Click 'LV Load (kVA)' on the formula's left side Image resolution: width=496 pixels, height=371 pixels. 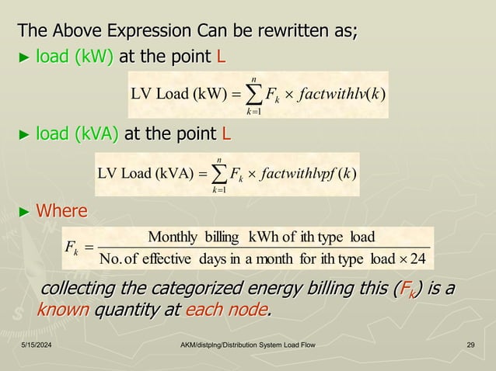(145, 168)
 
